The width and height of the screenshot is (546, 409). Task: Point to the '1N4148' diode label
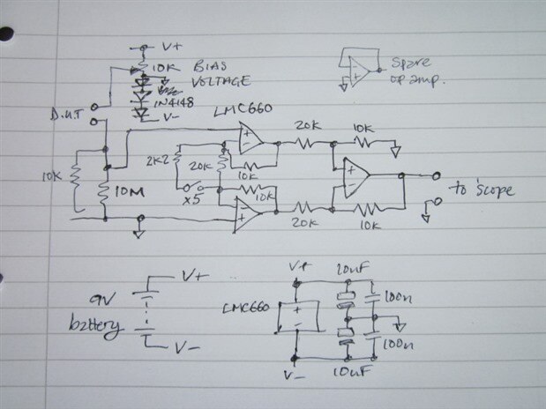pyautogui.click(x=172, y=105)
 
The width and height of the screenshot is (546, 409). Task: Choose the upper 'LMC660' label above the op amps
pyautogui.click(x=243, y=110)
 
